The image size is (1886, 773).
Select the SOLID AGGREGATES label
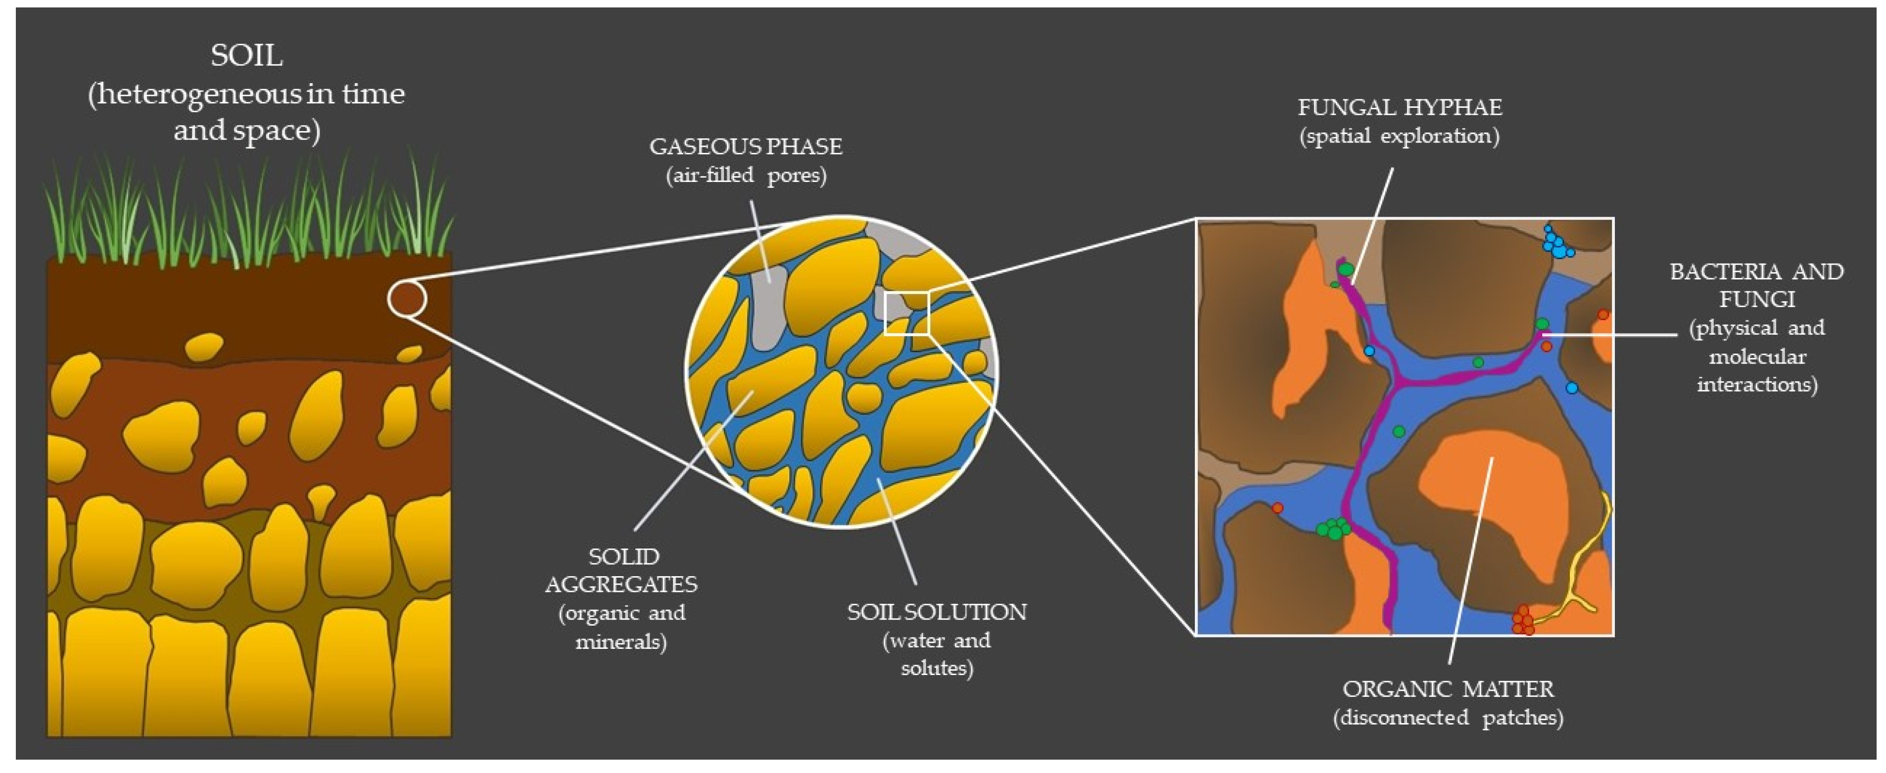(621, 570)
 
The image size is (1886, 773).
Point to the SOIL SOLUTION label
(937, 612)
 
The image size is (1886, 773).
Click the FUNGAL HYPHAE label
(1399, 108)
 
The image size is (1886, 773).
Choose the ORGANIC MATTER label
(1448, 689)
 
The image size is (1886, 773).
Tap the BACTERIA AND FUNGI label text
(1756, 285)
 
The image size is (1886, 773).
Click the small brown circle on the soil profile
(407, 299)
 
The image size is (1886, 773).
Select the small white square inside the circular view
(906, 313)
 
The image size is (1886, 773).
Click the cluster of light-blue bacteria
(1556, 243)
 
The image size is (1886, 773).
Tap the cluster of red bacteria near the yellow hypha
(1523, 621)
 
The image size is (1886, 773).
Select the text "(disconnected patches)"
(1448, 718)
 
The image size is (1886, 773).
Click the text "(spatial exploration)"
(1399, 136)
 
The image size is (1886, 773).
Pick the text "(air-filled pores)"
(745, 176)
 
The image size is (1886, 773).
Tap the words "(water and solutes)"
(937, 654)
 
